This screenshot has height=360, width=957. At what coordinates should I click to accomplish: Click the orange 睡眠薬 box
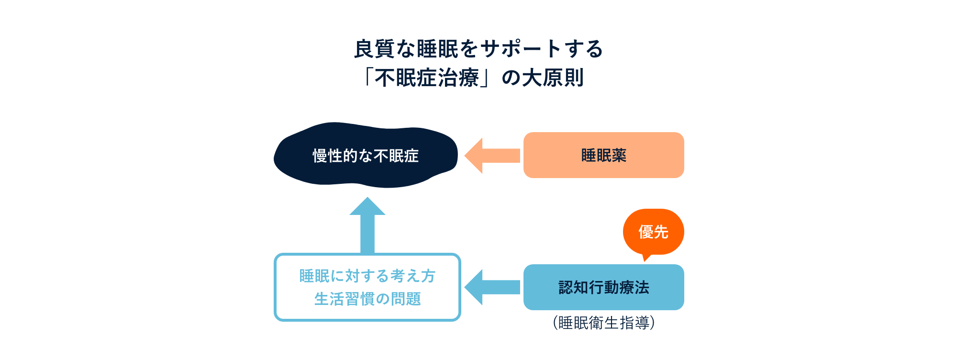click(x=603, y=155)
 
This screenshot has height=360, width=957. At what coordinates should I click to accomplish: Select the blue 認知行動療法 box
click(x=603, y=287)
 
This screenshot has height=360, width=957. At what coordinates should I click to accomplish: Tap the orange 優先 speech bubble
click(x=653, y=232)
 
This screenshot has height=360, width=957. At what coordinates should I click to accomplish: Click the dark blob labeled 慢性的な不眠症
click(x=366, y=156)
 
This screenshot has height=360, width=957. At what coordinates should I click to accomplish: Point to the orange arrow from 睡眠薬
click(x=493, y=156)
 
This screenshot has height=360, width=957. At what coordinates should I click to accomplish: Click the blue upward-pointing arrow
click(x=367, y=225)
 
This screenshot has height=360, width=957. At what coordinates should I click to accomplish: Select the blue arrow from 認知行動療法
click(x=493, y=287)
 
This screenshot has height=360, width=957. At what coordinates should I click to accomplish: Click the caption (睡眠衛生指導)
click(x=603, y=323)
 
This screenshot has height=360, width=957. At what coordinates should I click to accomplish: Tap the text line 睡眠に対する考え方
click(x=367, y=276)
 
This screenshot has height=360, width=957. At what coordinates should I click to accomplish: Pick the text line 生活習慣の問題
click(x=367, y=299)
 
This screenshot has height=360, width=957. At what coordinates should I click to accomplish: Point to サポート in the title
click(x=522, y=49)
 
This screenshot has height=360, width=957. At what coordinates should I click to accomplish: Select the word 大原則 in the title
click(x=553, y=78)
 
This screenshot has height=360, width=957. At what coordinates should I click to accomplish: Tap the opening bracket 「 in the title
click(x=368, y=77)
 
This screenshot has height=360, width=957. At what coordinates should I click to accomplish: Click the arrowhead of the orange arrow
click(x=474, y=156)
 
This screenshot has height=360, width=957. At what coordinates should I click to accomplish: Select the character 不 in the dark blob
click(x=381, y=156)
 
